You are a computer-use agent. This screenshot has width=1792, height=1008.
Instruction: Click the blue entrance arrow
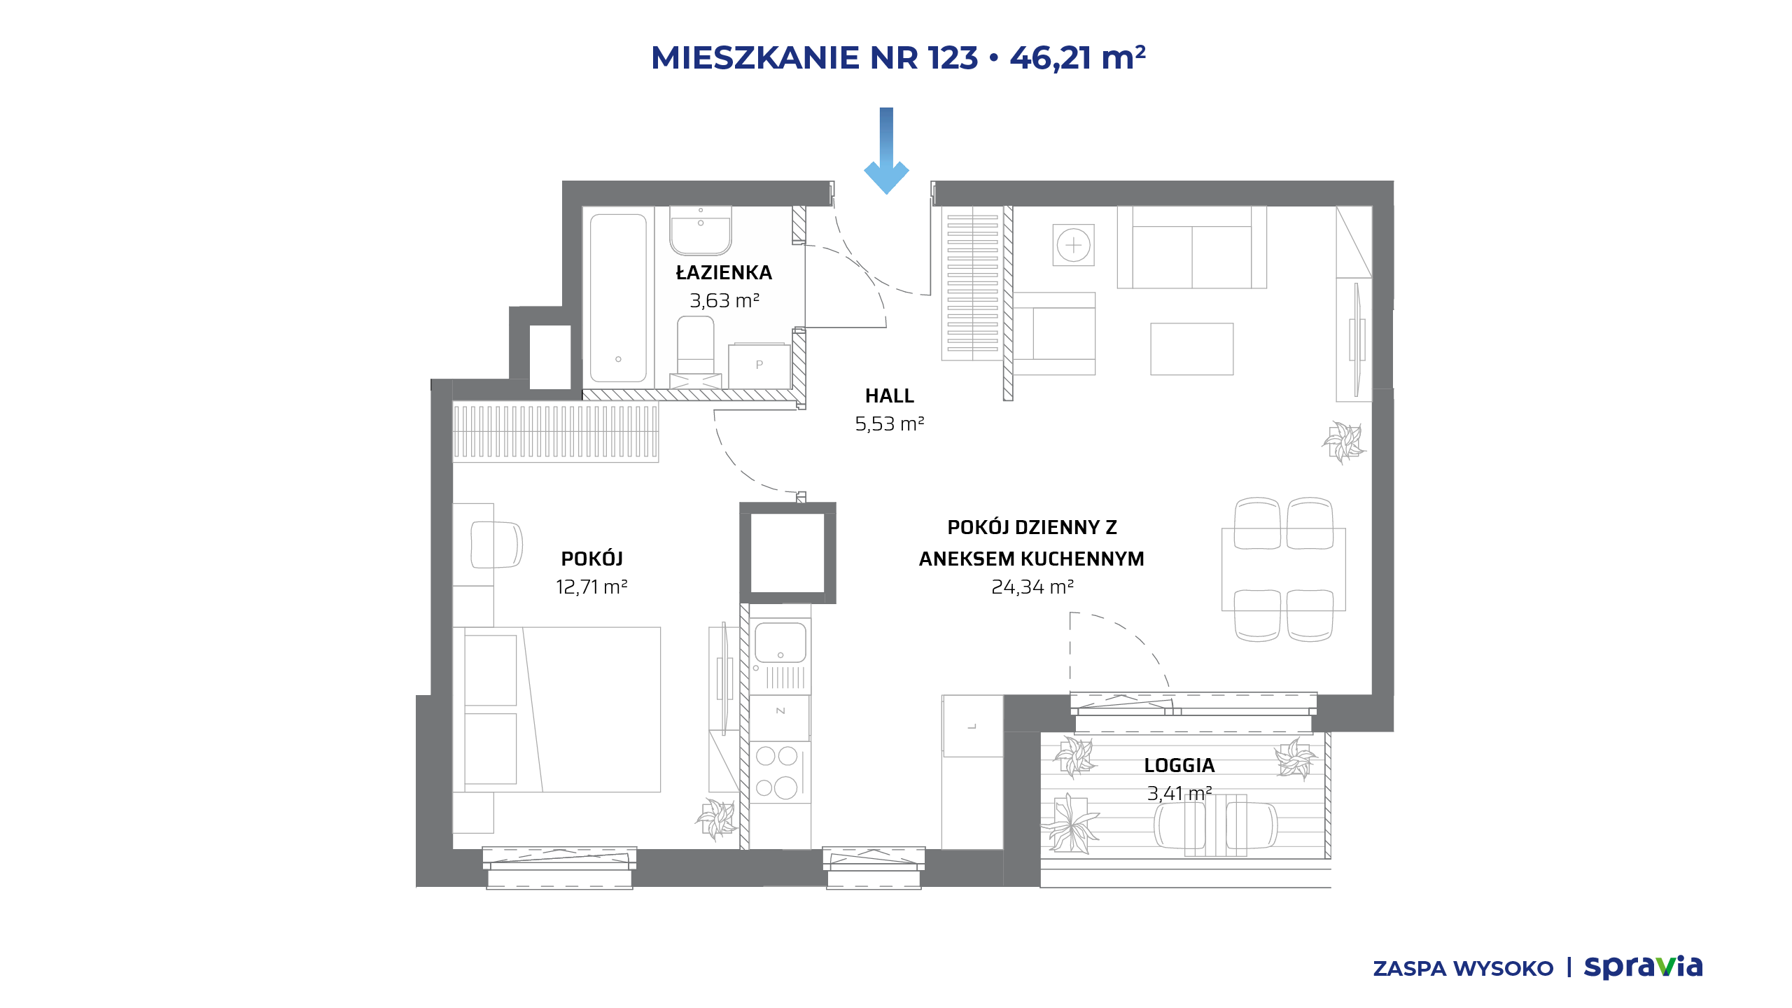tap(886, 150)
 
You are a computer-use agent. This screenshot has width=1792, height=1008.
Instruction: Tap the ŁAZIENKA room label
tap(724, 272)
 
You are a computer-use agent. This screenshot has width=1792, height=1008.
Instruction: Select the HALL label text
tap(890, 396)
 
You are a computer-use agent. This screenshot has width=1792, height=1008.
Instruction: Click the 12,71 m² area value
tap(591, 587)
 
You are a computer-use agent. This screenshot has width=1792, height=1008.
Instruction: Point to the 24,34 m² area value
tap(1032, 587)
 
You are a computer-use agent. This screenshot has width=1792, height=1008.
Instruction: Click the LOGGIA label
tap(1179, 766)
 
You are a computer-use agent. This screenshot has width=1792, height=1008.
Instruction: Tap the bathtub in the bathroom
tap(618, 298)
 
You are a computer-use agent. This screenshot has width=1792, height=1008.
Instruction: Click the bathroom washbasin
tap(701, 230)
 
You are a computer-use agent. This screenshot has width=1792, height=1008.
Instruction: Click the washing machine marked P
tap(759, 365)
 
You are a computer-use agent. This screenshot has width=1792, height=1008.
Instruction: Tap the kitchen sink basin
tap(780, 642)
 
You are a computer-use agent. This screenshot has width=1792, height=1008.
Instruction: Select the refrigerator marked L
tap(972, 726)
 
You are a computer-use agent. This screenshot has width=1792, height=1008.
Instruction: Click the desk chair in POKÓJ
tap(496, 545)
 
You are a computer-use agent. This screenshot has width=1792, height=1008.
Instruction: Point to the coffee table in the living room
tap(1192, 349)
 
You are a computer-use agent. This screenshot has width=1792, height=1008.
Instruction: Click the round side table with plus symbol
tap(1073, 245)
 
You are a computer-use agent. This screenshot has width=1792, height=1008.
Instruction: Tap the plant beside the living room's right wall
tap(1343, 442)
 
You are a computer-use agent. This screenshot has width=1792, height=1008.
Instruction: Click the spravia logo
tap(1643, 967)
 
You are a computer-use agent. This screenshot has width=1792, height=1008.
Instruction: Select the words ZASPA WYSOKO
tap(1463, 969)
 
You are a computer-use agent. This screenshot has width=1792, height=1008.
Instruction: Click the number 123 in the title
tap(953, 57)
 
